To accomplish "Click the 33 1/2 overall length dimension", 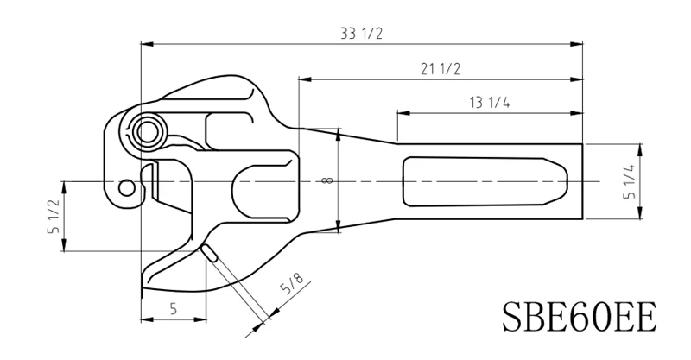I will pyautogui.click(x=362, y=33).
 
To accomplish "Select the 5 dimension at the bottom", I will pyautogui.click(x=174, y=307).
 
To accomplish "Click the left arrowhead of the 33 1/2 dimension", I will pyautogui.click(x=144, y=41).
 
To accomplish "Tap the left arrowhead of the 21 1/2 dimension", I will pyautogui.click(x=302, y=79).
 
